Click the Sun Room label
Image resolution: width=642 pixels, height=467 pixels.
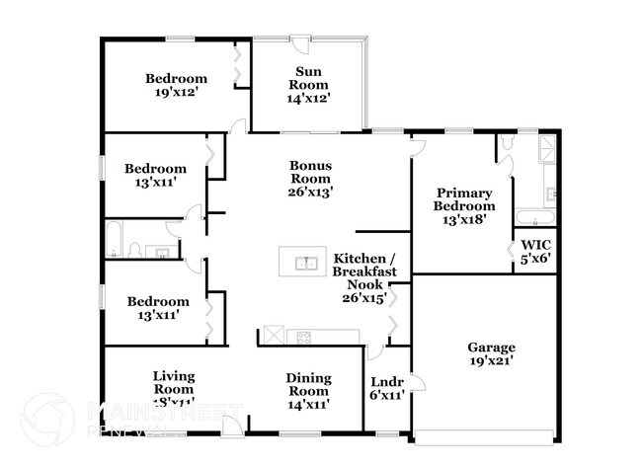click(x=307, y=84)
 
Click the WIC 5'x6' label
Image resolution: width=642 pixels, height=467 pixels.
click(x=534, y=252)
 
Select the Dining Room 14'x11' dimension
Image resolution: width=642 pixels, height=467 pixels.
click(x=308, y=403)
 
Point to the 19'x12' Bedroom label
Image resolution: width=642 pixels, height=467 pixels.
click(x=177, y=86)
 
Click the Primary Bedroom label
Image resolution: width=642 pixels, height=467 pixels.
click(x=464, y=206)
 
